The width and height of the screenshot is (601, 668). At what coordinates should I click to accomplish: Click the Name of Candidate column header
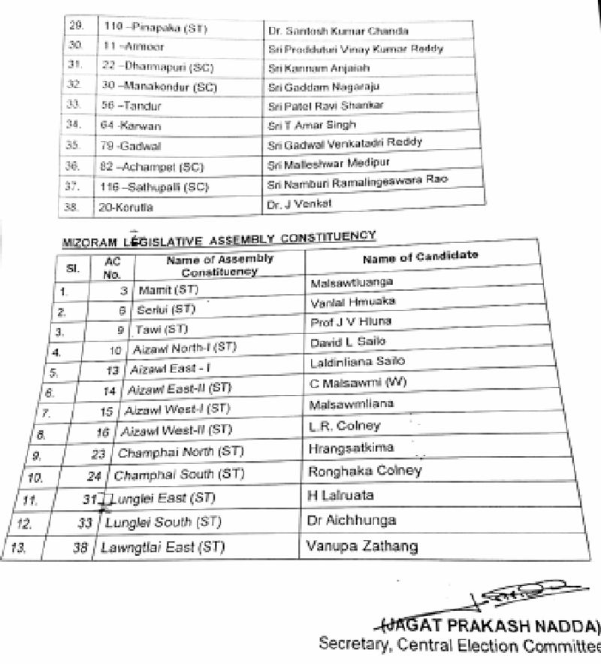420,258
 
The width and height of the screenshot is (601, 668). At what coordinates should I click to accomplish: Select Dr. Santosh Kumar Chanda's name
328,32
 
